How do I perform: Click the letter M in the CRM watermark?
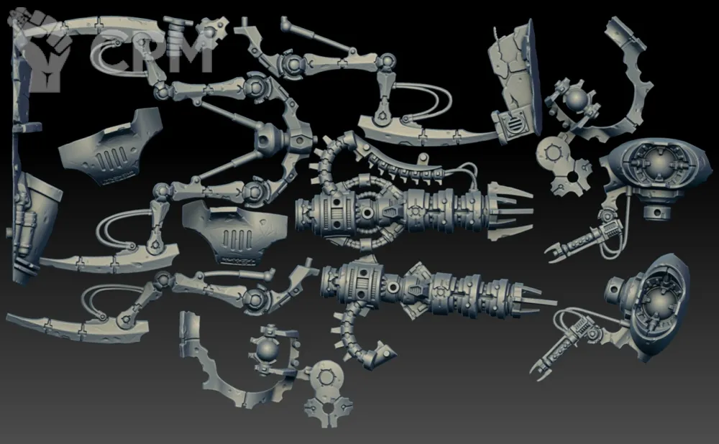pyautogui.click(x=188, y=51)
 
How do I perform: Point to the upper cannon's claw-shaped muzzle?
pyautogui.click(x=508, y=211)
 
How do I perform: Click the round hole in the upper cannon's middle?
pyautogui.click(x=367, y=213)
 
